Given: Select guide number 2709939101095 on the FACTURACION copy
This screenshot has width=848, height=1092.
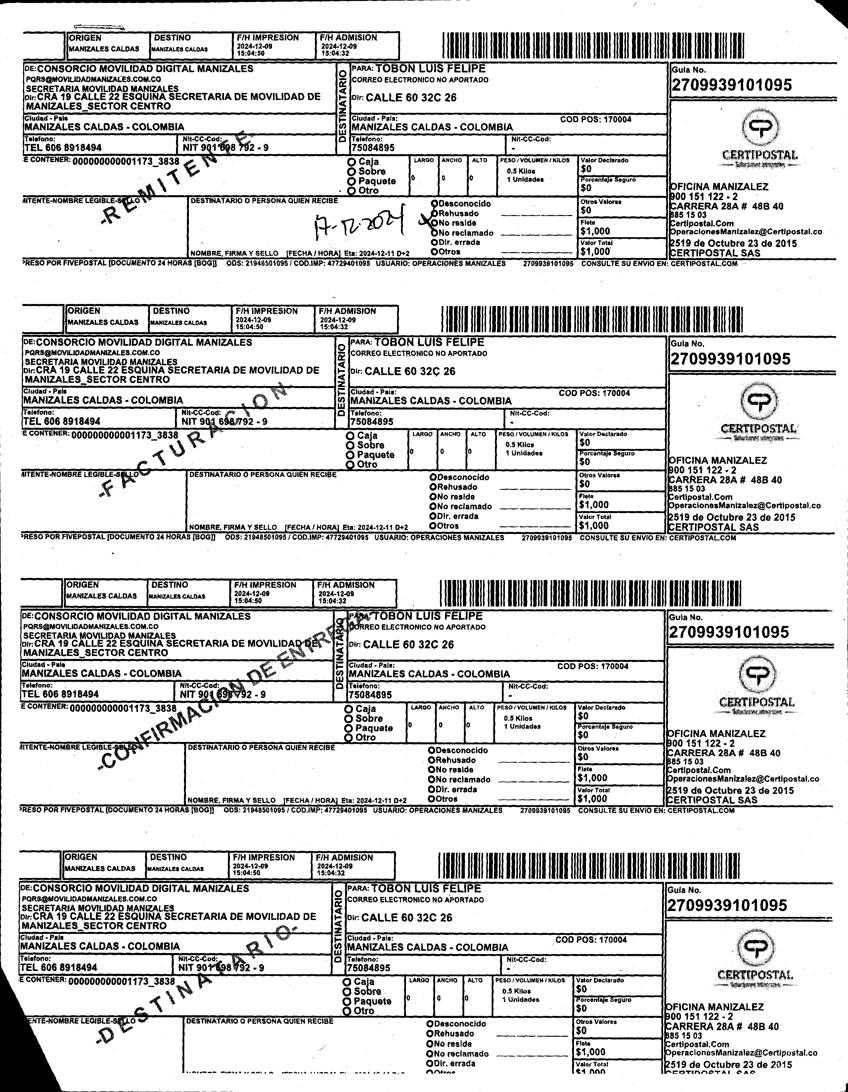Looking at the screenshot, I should pos(731,359).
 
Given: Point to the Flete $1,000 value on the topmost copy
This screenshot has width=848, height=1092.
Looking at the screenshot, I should pos(595,231).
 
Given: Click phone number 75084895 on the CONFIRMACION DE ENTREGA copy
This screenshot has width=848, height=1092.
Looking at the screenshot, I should pos(370,694).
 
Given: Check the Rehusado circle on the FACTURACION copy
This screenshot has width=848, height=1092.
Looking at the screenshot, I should pos(433,487).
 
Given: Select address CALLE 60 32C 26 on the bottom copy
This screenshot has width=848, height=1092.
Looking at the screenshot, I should pos(407,918).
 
